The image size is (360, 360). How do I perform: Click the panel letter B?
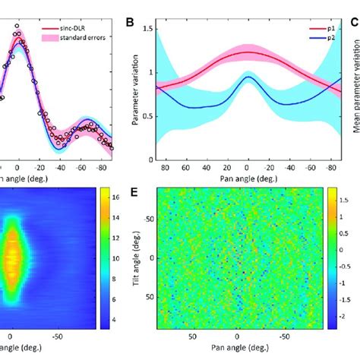[x=131, y=24]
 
